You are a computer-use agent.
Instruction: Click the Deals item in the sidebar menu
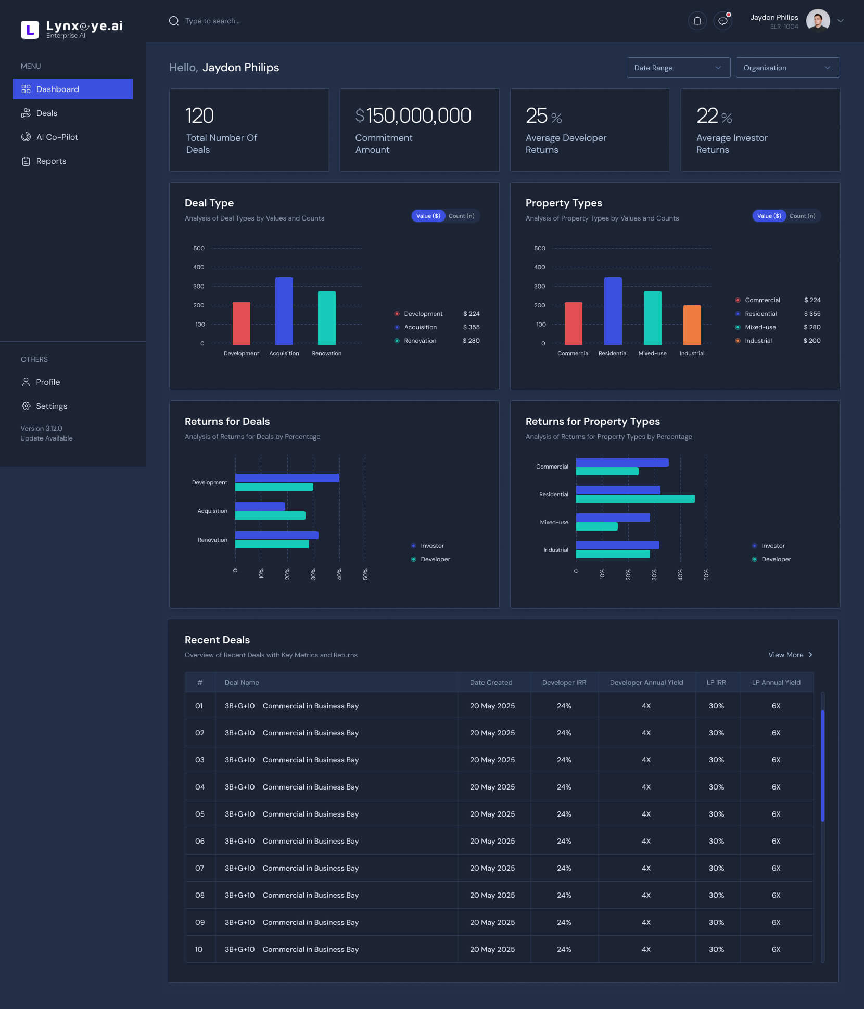click(46, 113)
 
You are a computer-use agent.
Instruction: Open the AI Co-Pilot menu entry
click(57, 137)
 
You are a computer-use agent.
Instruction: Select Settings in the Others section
click(51, 406)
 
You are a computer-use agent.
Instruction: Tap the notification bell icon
click(697, 21)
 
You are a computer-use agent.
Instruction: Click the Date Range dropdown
click(678, 68)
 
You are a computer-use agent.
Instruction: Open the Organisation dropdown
click(787, 68)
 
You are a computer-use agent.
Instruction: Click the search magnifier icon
click(174, 21)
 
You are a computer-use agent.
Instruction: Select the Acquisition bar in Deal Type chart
click(284, 311)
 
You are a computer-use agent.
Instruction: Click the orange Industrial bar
click(692, 325)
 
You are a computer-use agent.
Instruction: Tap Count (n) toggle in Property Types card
click(802, 216)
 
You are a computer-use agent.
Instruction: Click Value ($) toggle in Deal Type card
click(428, 216)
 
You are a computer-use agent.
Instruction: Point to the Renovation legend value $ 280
click(471, 341)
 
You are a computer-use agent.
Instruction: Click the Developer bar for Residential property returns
click(635, 499)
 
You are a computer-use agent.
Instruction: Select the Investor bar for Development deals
click(287, 478)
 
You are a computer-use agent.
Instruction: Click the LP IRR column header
click(716, 682)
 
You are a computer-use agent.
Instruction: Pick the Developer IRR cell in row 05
click(564, 814)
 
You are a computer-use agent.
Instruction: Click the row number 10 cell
click(199, 949)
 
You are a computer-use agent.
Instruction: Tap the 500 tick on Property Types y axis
click(540, 248)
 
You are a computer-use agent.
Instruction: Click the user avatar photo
click(818, 21)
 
